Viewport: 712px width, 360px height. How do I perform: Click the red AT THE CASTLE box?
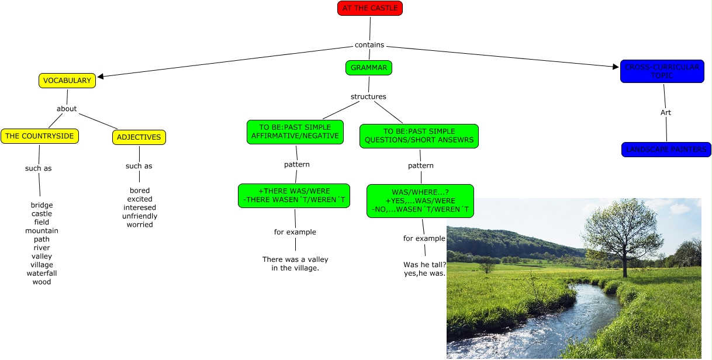click(x=370, y=8)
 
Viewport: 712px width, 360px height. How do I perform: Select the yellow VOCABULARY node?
click(x=67, y=81)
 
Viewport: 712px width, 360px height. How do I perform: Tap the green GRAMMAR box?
click(x=369, y=68)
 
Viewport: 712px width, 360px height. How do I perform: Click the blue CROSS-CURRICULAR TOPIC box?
click(x=662, y=71)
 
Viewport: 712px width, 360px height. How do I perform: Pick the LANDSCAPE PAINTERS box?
click(x=666, y=150)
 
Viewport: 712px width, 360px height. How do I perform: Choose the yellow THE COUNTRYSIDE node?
click(x=40, y=136)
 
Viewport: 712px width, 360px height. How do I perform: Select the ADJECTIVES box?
click(x=139, y=137)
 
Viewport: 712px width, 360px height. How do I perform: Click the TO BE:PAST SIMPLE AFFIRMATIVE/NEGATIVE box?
click(x=295, y=131)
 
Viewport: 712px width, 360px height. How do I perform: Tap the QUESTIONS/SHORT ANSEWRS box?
click(x=419, y=136)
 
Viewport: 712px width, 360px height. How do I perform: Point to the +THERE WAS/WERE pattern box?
click(x=294, y=196)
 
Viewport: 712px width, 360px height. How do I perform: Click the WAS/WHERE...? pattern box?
click(x=420, y=201)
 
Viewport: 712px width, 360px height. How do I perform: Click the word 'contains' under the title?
click(x=369, y=45)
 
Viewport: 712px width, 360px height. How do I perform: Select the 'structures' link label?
click(x=368, y=96)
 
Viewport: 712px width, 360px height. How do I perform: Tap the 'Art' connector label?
click(x=666, y=112)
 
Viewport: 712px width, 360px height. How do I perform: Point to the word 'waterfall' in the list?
click(x=42, y=274)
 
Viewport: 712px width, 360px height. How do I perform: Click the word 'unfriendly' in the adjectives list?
click(x=140, y=216)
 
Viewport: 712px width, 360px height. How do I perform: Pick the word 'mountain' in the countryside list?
click(x=42, y=231)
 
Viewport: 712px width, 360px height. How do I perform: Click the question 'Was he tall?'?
click(x=425, y=265)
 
